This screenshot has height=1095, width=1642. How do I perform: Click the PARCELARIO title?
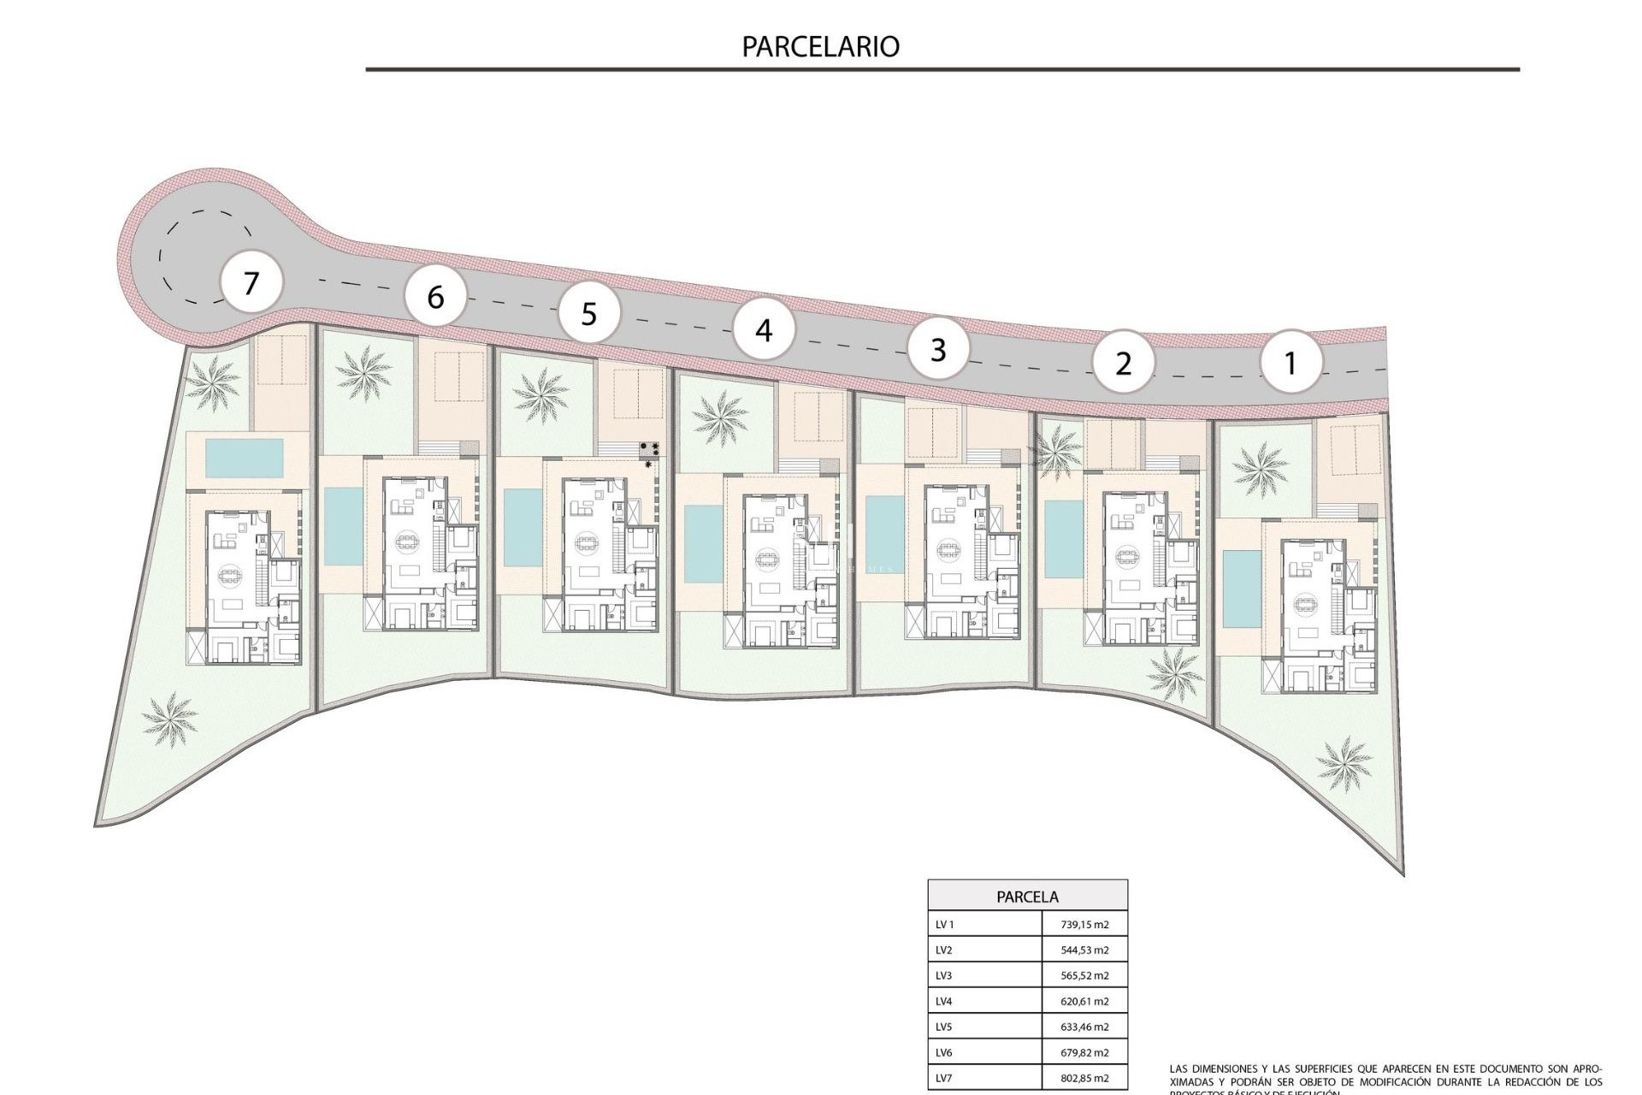tap(820, 46)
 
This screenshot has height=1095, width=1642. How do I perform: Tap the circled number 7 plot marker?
tap(251, 282)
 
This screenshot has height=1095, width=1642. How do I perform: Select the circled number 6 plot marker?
tap(435, 297)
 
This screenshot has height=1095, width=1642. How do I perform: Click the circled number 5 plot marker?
tap(588, 314)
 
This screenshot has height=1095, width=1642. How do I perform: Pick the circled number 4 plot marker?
tap(764, 329)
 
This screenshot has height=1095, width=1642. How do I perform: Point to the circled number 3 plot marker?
tap(938, 349)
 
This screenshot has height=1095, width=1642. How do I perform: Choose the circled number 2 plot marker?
tap(1123, 363)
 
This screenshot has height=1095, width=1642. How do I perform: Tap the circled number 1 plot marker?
tap(1291, 363)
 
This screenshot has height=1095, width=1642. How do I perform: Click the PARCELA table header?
tap(1027, 897)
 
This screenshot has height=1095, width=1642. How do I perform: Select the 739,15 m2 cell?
tap(1084, 925)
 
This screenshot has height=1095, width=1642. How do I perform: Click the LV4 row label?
tap(944, 1002)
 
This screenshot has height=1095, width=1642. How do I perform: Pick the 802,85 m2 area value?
tap(1084, 1079)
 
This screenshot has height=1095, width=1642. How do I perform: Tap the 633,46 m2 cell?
tap(1084, 1027)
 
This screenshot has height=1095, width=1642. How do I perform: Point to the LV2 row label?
tap(944, 950)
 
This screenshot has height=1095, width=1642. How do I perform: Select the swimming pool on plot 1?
tap(1235, 589)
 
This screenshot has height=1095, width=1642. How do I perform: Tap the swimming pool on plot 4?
tap(704, 543)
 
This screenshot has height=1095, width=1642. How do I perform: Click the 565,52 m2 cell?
tap(1084, 976)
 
